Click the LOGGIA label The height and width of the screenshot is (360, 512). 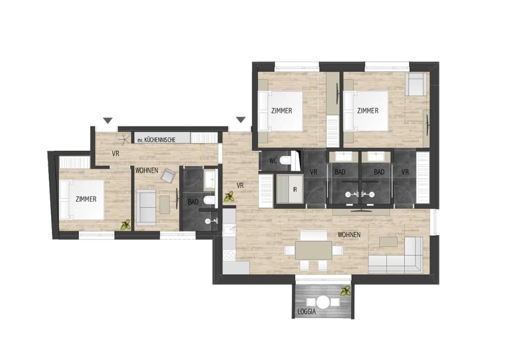click(x=308, y=312)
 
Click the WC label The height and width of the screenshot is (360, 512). click(x=273, y=160)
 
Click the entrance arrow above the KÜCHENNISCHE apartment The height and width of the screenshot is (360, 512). click(x=108, y=120)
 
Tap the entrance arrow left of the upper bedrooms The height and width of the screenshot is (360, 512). click(x=241, y=120)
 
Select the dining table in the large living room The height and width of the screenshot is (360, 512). click(x=314, y=249)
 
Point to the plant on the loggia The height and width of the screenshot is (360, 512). click(x=346, y=291)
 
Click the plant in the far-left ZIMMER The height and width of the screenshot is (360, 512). click(x=126, y=225)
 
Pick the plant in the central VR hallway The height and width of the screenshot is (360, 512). click(x=230, y=197)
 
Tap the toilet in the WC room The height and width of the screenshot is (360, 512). click(x=286, y=160)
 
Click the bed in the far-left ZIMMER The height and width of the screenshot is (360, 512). click(x=81, y=199)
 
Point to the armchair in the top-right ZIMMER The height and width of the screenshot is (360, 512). click(x=415, y=84)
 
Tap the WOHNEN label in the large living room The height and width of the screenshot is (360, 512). click(x=349, y=235)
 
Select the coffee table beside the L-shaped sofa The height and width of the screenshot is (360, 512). click(x=388, y=241)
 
